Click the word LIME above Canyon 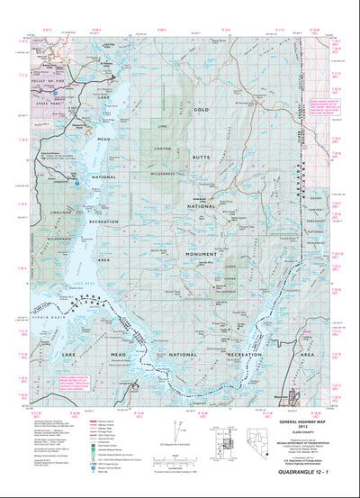click(x=164, y=128)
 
